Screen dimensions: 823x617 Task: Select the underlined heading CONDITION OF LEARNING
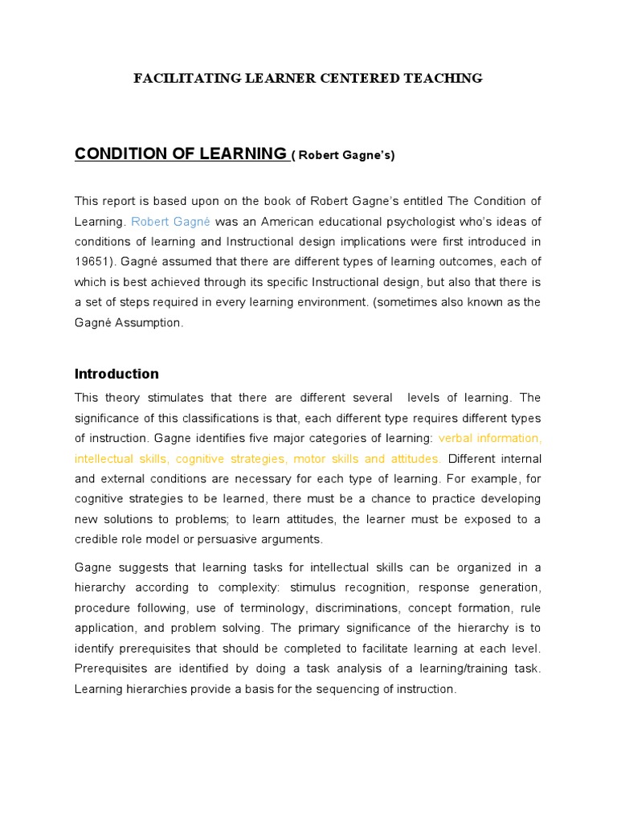(x=180, y=154)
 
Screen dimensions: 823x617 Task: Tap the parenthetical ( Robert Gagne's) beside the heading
(x=343, y=155)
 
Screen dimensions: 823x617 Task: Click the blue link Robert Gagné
(x=170, y=221)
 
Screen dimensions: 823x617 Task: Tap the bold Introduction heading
(x=116, y=374)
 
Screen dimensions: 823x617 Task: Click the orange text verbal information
(x=490, y=438)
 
